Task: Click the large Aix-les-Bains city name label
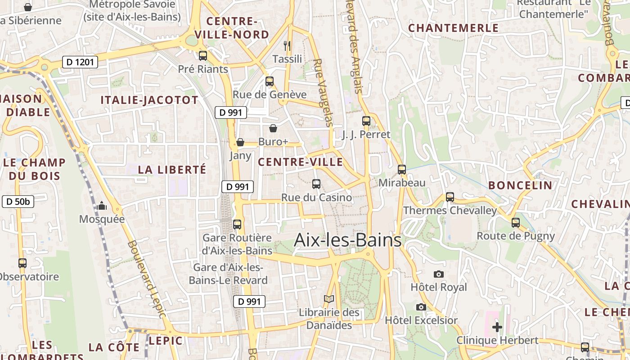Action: point(347,240)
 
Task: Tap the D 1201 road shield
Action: point(80,62)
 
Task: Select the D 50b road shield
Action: point(18,202)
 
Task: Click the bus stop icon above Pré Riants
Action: point(203,56)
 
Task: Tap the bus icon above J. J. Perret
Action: point(366,121)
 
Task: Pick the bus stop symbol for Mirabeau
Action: point(402,170)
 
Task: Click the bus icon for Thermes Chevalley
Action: point(450,197)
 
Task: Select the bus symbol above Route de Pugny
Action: point(516,222)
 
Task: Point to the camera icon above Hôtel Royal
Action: point(439,274)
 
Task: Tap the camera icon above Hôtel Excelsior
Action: point(421,307)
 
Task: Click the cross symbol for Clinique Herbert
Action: point(497,327)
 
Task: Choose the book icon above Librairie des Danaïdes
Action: point(329,299)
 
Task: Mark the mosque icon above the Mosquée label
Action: point(102,206)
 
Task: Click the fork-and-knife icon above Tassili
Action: point(287,45)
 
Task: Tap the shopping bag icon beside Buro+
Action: point(273,129)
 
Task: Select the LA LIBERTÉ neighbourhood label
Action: point(172,170)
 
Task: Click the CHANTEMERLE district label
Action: point(453,28)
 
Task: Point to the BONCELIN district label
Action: point(520,185)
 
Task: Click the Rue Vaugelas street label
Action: point(323,93)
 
